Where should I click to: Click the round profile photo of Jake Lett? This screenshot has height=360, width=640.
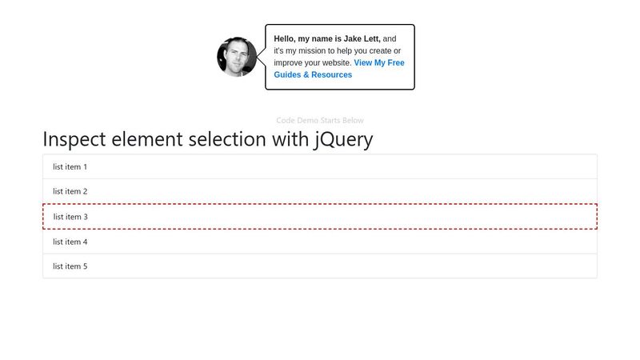(237, 57)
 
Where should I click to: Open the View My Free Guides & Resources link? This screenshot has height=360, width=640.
(339, 69)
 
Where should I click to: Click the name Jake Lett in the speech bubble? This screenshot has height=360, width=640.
(362, 38)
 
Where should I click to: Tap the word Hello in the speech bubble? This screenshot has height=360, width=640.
(285, 38)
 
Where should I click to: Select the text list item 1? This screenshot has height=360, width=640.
(70, 166)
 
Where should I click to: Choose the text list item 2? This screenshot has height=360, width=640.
(70, 191)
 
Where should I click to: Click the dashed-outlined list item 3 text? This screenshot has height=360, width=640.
(70, 217)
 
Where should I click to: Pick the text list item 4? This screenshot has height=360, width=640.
(70, 242)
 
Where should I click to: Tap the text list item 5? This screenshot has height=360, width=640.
(70, 266)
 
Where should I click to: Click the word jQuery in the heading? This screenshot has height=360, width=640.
(343, 140)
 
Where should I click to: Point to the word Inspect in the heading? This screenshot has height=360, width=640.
(74, 140)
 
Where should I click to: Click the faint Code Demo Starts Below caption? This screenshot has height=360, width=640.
(319, 121)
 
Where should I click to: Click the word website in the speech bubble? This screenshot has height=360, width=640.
(337, 63)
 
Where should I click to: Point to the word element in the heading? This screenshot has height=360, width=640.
(147, 139)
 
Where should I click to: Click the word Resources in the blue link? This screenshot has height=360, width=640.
(331, 74)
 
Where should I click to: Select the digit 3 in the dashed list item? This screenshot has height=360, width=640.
(86, 217)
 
